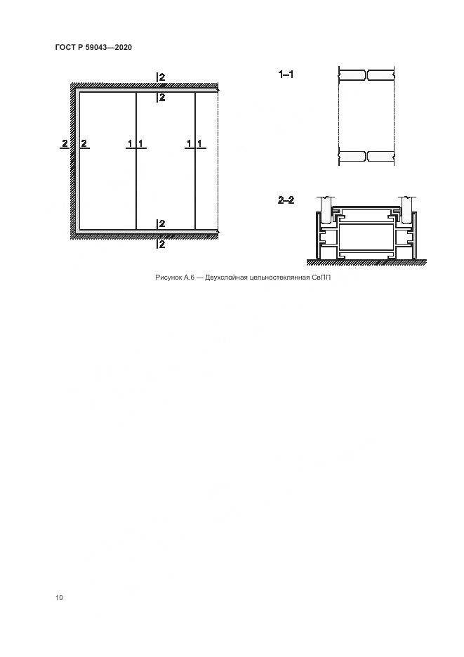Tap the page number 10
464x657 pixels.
59,597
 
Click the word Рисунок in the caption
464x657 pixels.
168,278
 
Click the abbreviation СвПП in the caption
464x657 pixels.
321,278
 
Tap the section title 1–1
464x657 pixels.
286,74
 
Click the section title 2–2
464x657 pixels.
286,200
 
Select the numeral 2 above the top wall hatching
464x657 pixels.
162,77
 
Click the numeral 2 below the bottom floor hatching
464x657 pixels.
162,244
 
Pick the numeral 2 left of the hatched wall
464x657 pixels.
65,143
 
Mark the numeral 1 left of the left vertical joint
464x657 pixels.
130,143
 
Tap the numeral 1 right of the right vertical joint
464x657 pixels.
199,143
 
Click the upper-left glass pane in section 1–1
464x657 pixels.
352,75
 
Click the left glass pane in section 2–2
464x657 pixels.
324,208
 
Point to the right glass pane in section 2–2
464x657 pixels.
407,208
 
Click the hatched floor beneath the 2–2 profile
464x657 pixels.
366,263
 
